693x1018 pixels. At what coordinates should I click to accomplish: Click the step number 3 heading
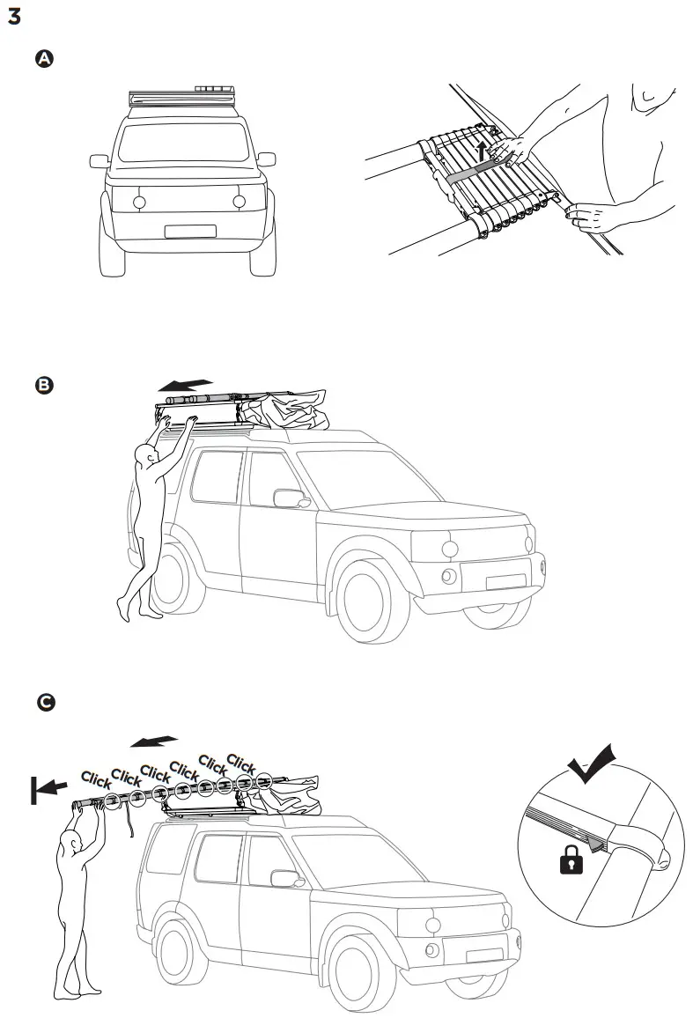[x=13, y=17]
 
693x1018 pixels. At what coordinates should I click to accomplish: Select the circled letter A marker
[x=43, y=58]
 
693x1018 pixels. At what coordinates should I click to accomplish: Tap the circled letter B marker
[x=43, y=385]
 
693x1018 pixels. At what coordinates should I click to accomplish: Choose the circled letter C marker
[x=44, y=702]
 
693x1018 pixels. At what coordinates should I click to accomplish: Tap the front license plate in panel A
[x=189, y=232]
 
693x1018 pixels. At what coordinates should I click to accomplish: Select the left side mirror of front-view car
[x=99, y=161]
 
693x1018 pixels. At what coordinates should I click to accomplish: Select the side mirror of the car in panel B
[x=288, y=498]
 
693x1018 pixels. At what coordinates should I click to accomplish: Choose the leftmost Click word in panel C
[x=95, y=780]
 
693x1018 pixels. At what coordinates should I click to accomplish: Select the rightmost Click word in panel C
[x=241, y=763]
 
